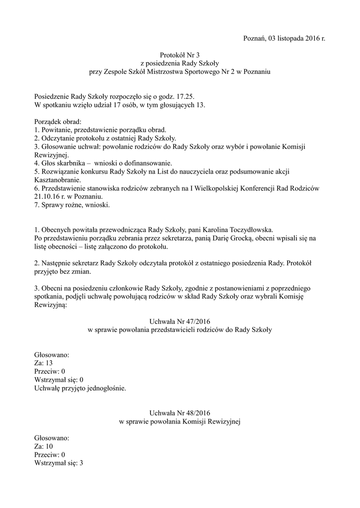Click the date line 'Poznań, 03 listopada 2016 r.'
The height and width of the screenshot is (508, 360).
pos(285,39)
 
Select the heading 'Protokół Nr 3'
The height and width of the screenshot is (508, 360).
pos(180,55)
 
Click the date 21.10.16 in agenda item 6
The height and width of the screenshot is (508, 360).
pos(47,196)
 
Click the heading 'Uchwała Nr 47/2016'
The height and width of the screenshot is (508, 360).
pos(180,321)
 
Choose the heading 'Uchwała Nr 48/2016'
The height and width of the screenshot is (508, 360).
pos(180,413)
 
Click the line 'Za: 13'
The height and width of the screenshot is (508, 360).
pos(44,363)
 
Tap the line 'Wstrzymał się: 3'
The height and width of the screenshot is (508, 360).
pos(59,463)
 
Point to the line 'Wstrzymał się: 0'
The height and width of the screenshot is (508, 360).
pos(59,380)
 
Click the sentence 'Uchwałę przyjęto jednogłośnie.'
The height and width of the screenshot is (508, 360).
pos(80,388)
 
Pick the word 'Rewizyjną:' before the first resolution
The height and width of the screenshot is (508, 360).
pos(50,305)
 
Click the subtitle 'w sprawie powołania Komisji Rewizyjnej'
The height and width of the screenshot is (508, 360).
pos(180,421)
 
